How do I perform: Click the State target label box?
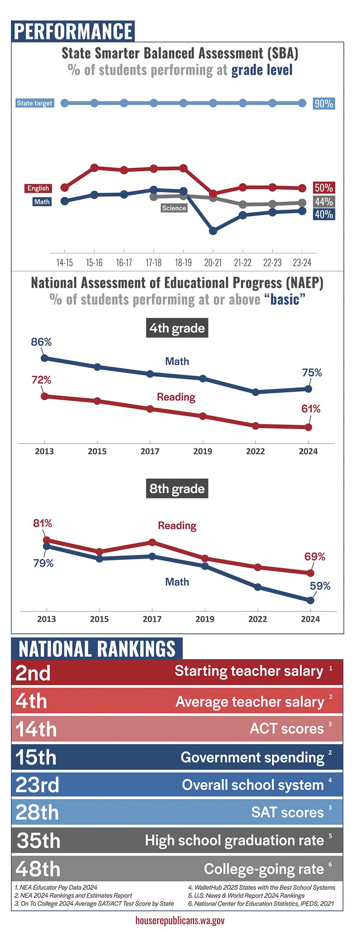pyautogui.click(x=35, y=103)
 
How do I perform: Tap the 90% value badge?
pyautogui.click(x=324, y=104)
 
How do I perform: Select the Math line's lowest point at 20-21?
pyautogui.click(x=213, y=231)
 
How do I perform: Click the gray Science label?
pyautogui.click(x=174, y=208)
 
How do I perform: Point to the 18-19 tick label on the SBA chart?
pyautogui.click(x=183, y=263)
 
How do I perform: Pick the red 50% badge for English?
pyautogui.click(x=324, y=188)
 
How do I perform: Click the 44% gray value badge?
pyautogui.click(x=324, y=202)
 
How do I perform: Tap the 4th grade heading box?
pyautogui.click(x=177, y=328)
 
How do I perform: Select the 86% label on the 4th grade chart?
pyautogui.click(x=41, y=342)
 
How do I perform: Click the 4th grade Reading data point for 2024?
pyautogui.click(x=308, y=427)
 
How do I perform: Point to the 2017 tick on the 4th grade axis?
pyautogui.click(x=150, y=451)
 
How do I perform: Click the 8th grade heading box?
pyautogui.click(x=177, y=489)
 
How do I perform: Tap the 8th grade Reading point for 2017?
pyautogui.click(x=152, y=542)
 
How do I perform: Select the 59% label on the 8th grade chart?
pyautogui.click(x=320, y=586)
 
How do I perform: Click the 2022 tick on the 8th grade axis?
pyautogui.click(x=257, y=619)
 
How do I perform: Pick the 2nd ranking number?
pyautogui.click(x=33, y=673)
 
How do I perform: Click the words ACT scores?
pyautogui.click(x=287, y=728)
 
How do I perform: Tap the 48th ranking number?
pyautogui.click(x=38, y=869)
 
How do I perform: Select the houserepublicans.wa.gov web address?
pyautogui.click(x=180, y=920)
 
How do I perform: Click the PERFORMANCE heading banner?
pyautogui.click(x=73, y=31)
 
